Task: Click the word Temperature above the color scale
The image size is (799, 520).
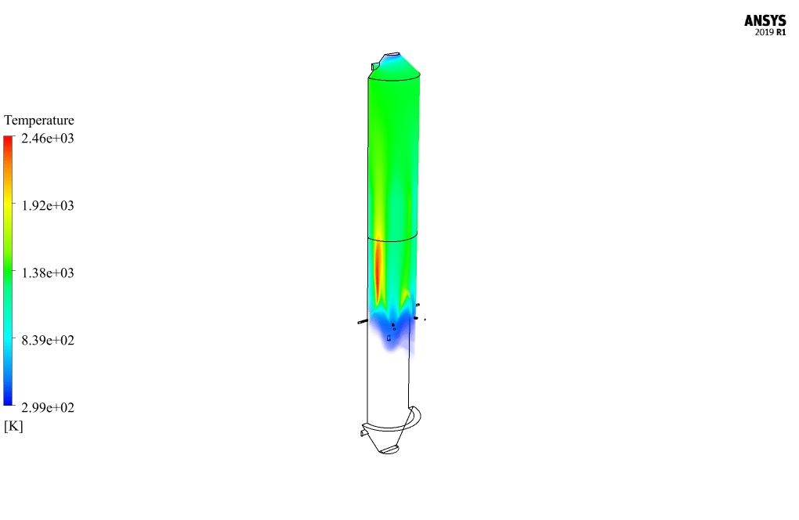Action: click(38, 120)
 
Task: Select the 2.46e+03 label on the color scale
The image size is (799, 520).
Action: click(47, 138)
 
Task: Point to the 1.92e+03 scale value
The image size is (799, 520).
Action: click(47, 205)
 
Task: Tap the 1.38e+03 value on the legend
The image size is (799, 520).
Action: click(47, 273)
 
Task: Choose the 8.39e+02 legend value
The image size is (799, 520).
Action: click(47, 340)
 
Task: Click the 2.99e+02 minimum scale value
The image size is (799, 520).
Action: click(47, 407)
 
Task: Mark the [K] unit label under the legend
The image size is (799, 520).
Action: click(13, 426)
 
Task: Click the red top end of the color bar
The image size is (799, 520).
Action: click(8, 139)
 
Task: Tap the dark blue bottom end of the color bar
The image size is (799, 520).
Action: click(8, 402)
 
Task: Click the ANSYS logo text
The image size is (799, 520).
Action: click(765, 20)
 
